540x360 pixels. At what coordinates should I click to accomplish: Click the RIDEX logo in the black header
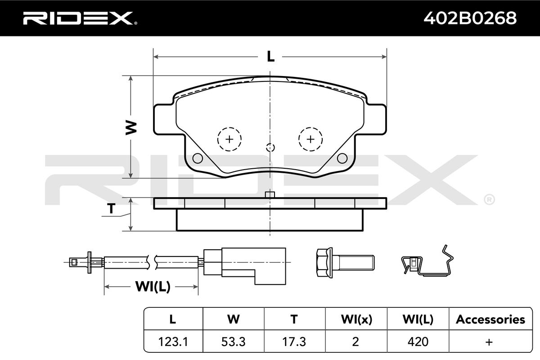(x=80, y=18)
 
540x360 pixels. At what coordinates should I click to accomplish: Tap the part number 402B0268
(x=470, y=18)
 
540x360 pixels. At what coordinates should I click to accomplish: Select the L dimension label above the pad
(x=270, y=57)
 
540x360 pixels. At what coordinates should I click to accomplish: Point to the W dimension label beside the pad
(x=131, y=127)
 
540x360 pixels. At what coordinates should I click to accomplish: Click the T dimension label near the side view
(x=111, y=208)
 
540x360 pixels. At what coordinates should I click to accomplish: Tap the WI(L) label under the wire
(x=153, y=287)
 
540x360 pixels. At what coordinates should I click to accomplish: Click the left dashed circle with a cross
(x=229, y=139)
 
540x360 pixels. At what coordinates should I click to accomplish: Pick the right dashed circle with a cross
(x=310, y=139)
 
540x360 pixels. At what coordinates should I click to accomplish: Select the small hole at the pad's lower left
(x=198, y=158)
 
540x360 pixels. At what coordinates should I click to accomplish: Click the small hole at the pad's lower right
(x=342, y=158)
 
